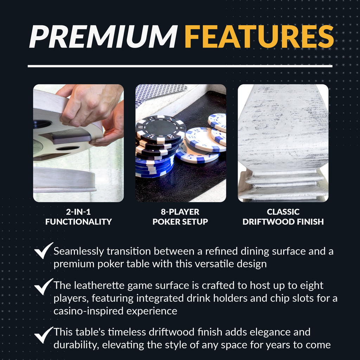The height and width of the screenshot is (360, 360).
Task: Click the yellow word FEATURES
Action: pos(259,36)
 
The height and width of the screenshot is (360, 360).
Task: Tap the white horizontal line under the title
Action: pos(180,66)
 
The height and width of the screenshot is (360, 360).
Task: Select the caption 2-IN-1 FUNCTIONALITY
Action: pos(78,217)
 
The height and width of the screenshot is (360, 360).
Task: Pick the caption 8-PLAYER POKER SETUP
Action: pos(180,217)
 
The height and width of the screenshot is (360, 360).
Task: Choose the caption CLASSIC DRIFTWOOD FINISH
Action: pos(283,217)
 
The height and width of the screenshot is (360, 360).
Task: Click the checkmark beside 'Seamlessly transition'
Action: pos(43,251)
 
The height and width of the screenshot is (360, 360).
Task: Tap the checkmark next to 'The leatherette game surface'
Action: pos(43,287)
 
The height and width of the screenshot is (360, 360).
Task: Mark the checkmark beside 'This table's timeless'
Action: pos(43,335)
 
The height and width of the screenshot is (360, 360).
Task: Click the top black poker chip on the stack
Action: pos(160,129)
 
